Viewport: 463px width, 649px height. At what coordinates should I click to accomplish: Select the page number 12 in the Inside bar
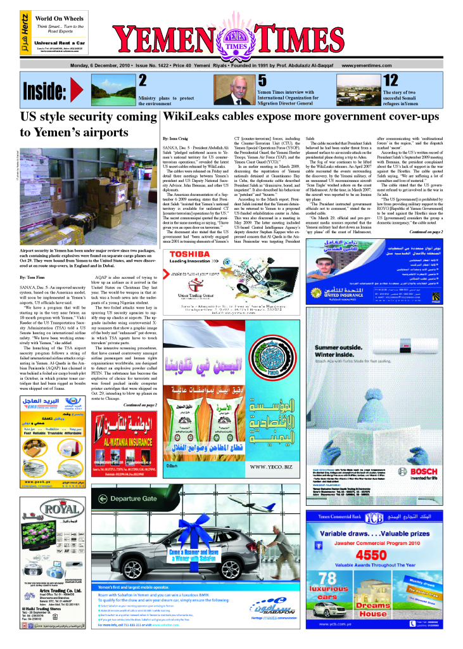click(391, 80)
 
